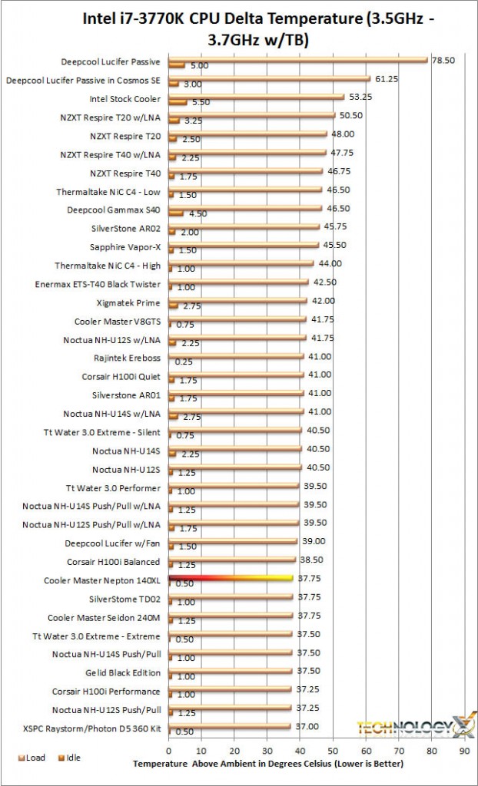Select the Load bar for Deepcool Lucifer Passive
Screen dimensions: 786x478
[x=298, y=58]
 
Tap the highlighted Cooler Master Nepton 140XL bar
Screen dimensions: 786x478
[x=231, y=577]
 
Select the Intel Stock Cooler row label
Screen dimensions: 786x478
[x=125, y=99]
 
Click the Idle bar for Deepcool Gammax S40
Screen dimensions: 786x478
[x=176, y=214]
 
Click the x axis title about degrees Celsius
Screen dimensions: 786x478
[x=267, y=764]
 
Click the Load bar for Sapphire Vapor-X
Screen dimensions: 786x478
[x=244, y=245]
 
